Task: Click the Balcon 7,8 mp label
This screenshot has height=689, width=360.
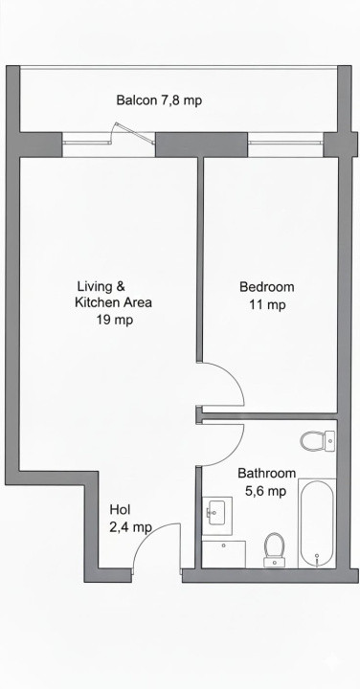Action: tap(159, 100)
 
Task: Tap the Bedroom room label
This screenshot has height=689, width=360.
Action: tap(266, 286)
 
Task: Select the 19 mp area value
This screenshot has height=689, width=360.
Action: tap(114, 321)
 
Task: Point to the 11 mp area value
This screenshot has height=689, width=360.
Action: tap(266, 305)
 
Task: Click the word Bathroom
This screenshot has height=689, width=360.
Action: tap(266, 473)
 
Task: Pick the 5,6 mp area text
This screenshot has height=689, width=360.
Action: tap(266, 491)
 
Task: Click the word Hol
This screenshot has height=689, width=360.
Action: tap(120, 509)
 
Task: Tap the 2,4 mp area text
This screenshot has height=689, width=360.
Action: tap(130, 527)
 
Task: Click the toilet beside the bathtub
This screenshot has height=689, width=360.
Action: tap(275, 549)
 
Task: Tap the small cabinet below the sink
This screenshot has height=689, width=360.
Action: tap(224, 554)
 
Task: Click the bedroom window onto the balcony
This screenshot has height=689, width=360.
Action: tap(285, 144)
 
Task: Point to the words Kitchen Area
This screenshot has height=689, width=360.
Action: tap(113, 302)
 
